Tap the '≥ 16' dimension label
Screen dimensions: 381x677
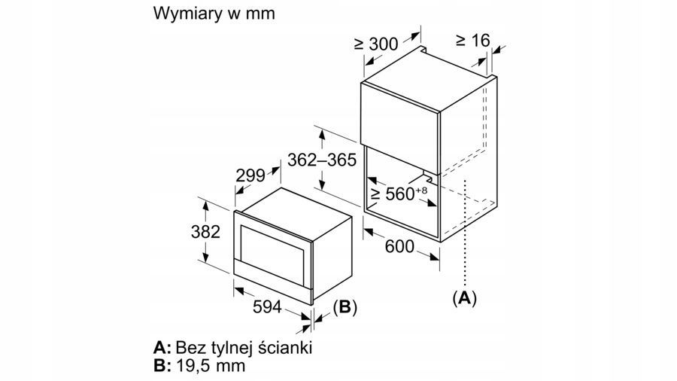point(472,40)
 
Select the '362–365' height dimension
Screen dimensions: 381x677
point(321,160)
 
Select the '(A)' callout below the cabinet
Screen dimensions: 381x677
point(464,297)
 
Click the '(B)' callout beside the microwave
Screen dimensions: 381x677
point(344,307)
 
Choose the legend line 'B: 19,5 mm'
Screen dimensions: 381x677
point(200,366)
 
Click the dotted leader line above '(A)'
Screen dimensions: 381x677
point(466,233)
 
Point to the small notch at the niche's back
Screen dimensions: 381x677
point(428,178)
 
